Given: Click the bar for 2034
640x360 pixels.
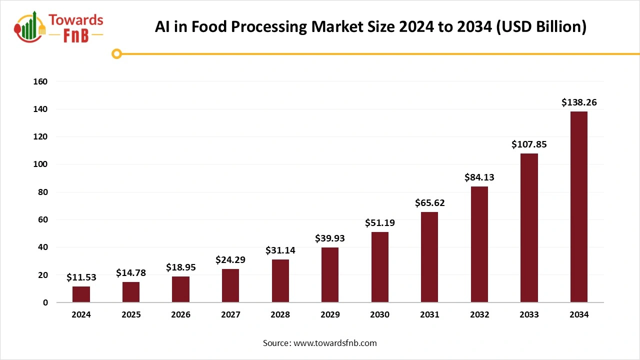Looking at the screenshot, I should coord(579,207).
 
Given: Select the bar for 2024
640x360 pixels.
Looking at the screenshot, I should coord(81,294).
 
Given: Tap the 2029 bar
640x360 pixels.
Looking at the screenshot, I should coord(330,275).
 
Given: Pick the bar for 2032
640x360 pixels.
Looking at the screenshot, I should coord(479,244).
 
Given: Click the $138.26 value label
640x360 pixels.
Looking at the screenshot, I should coord(579,102).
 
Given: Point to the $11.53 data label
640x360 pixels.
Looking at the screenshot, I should coord(81,277).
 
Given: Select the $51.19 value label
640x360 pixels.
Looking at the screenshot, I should coord(379,223).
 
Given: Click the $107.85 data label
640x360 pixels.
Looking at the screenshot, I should coord(529,144).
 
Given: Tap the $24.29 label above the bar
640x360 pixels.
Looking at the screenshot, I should coord(230,260).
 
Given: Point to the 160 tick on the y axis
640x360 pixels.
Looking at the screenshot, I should coord(41,81).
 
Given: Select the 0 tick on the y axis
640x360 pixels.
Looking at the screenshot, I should coord(45,302).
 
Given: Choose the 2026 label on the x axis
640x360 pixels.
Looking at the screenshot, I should coord(180,315).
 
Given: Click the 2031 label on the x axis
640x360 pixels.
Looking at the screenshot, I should coord(429,315).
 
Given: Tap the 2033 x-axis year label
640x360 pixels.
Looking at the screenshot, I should coord(529,315).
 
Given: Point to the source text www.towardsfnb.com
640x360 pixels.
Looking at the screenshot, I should coord(334,343).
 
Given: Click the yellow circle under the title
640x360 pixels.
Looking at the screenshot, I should coord(116,53).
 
